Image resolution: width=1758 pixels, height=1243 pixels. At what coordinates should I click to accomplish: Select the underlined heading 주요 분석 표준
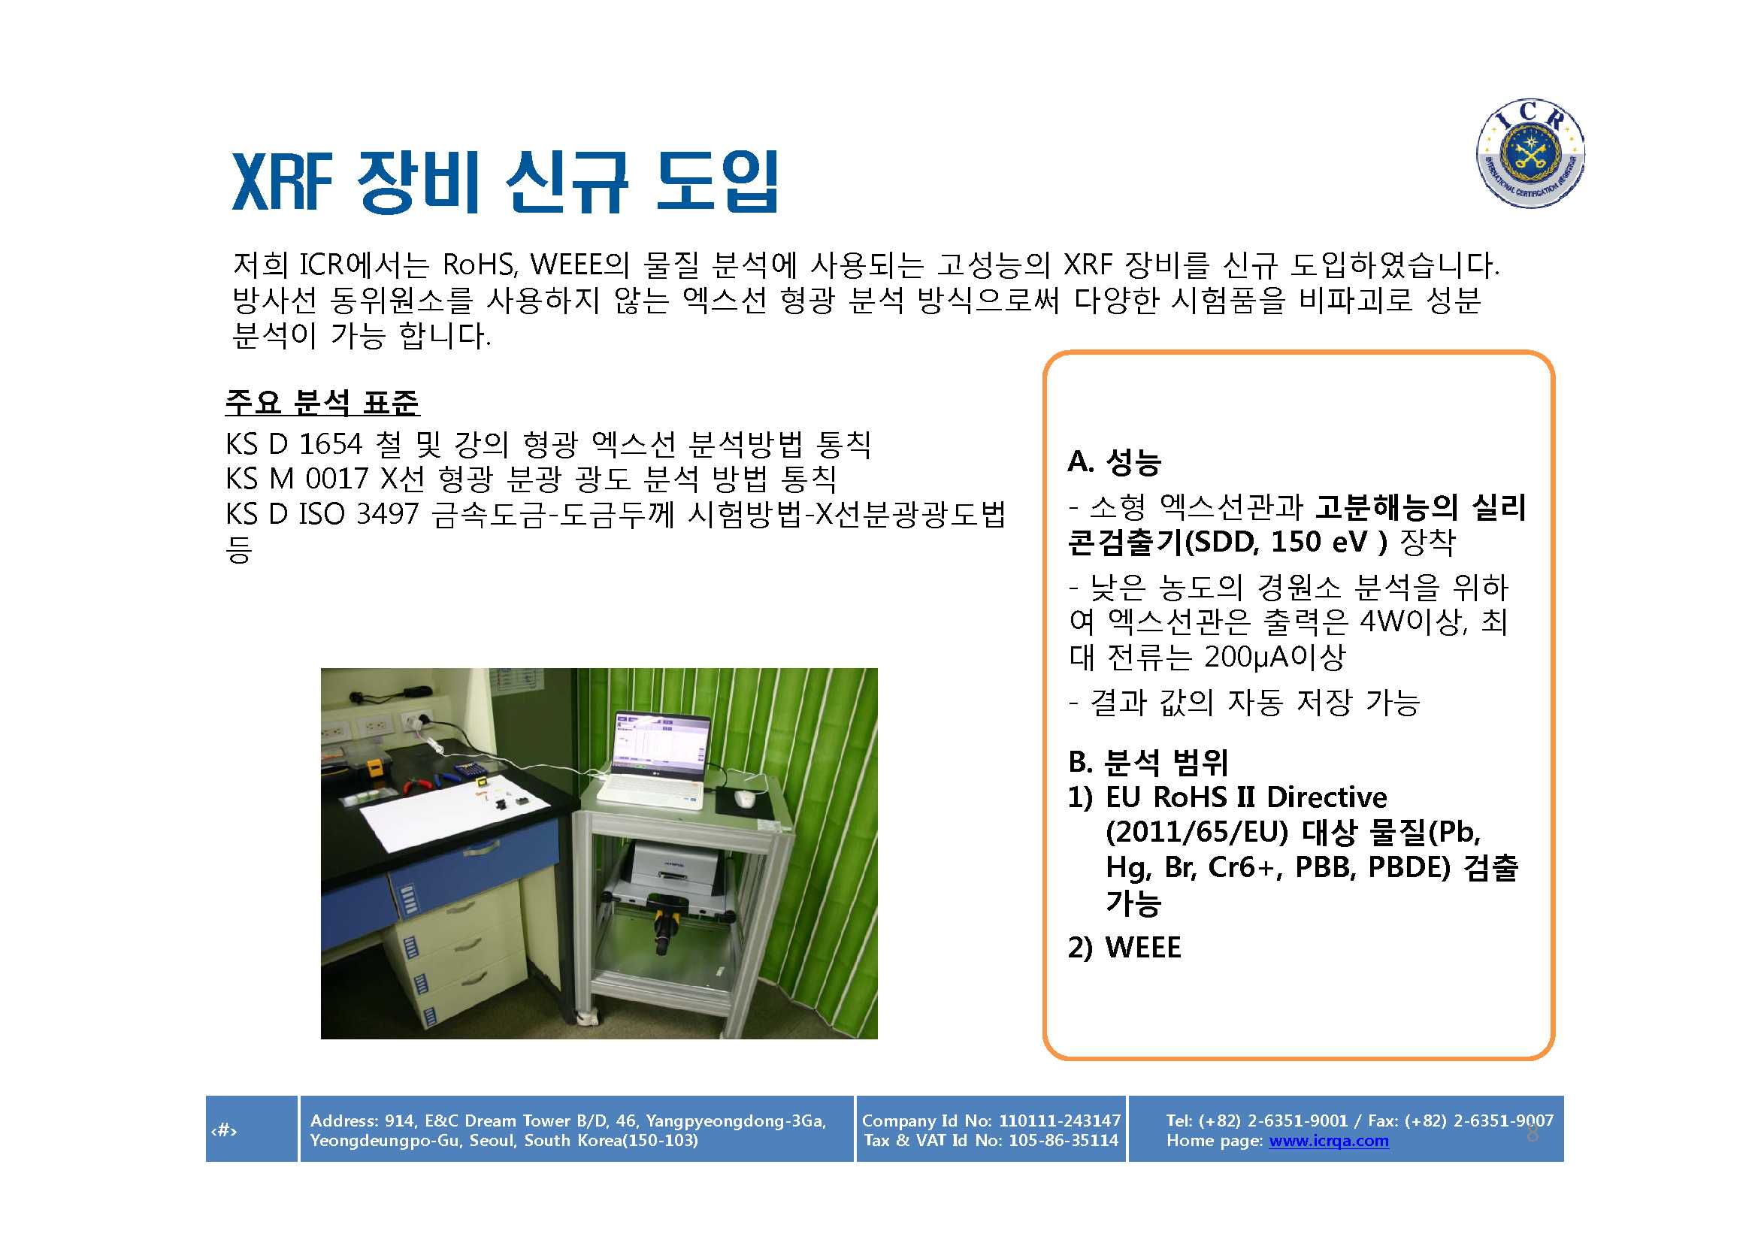click(322, 402)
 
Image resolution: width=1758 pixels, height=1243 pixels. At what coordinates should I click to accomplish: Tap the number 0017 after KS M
click(337, 479)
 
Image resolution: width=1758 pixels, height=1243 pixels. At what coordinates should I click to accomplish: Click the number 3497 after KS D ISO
click(387, 513)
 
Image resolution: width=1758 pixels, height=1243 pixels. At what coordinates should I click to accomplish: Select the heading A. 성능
click(1115, 461)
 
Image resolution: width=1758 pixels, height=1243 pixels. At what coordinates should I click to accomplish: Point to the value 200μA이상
click(1275, 656)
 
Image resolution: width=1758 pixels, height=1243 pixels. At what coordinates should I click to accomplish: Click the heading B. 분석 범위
click(1148, 761)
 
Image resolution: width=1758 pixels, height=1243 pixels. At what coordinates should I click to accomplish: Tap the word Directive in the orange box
click(1326, 797)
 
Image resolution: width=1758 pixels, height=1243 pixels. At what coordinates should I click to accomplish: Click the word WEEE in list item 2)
click(1143, 948)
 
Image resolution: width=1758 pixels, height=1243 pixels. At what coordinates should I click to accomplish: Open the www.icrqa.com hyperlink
click(1328, 1141)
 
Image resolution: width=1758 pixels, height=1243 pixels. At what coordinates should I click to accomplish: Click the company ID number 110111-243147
click(1060, 1121)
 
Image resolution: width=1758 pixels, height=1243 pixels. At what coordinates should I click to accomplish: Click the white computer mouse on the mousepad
click(744, 797)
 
